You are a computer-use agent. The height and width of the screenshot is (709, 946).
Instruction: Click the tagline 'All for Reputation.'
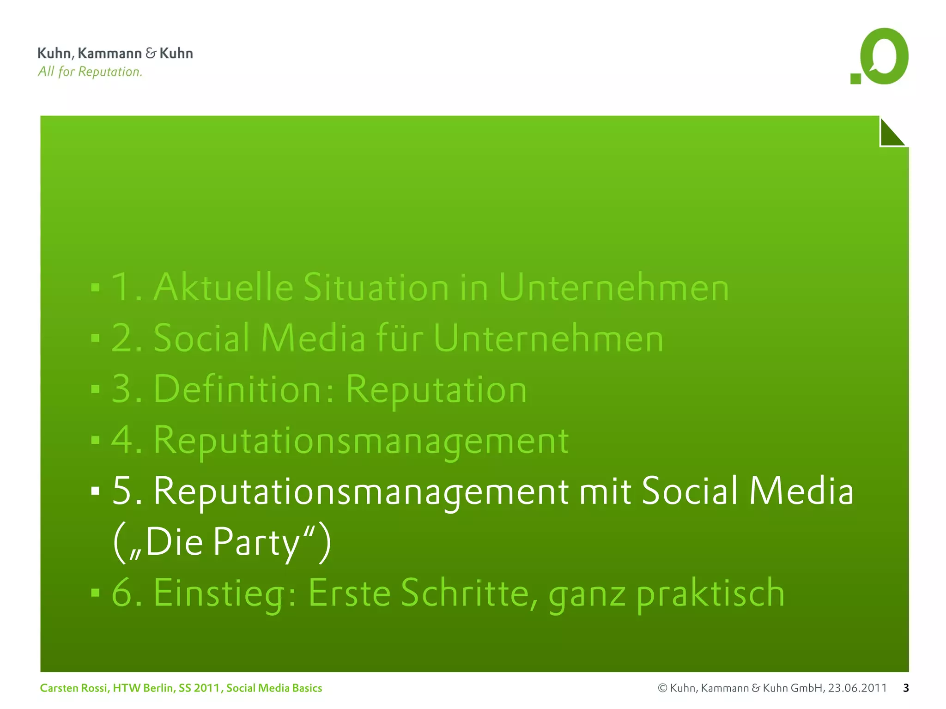click(x=90, y=72)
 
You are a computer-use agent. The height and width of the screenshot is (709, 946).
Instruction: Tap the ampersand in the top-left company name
click(x=151, y=53)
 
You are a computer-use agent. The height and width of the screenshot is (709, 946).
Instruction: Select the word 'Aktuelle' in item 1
click(x=224, y=287)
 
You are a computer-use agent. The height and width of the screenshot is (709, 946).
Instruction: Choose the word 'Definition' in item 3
click(x=237, y=389)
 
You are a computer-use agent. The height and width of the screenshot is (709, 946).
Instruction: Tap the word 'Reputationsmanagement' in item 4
click(x=361, y=441)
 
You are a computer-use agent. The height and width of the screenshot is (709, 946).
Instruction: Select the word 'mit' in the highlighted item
click(x=605, y=491)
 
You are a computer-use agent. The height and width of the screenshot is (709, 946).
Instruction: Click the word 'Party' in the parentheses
click(x=257, y=542)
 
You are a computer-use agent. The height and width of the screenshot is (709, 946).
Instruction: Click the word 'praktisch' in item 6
click(x=710, y=594)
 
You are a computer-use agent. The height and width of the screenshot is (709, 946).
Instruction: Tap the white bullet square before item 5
click(x=96, y=491)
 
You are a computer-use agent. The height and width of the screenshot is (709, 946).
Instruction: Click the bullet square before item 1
click(x=96, y=288)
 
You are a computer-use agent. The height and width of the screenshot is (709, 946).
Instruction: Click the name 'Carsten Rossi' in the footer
click(x=74, y=688)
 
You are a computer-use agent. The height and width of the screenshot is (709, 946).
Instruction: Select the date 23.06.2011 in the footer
click(x=857, y=688)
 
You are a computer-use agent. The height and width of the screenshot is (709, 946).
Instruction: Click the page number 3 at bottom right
click(x=906, y=688)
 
